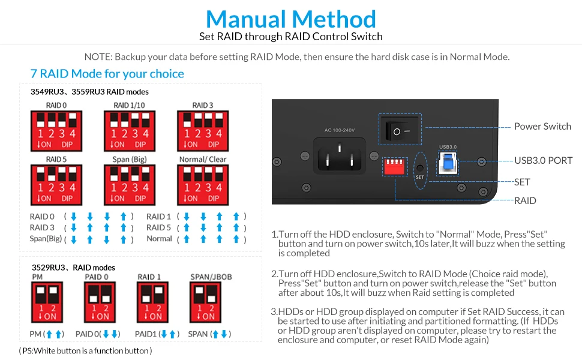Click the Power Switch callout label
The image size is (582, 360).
tap(542, 126)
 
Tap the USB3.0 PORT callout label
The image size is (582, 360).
tap(543, 160)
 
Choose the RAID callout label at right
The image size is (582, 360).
tap(525, 200)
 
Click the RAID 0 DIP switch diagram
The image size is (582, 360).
tap(56, 131)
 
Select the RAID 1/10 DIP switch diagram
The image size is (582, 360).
tap(130, 131)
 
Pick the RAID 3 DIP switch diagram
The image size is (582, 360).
tap(203, 131)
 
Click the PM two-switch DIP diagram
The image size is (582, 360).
tap(46, 304)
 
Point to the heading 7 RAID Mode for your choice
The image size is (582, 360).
tap(107, 74)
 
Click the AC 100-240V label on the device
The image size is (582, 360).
tap(340, 130)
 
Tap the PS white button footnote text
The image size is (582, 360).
tap(85, 350)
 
